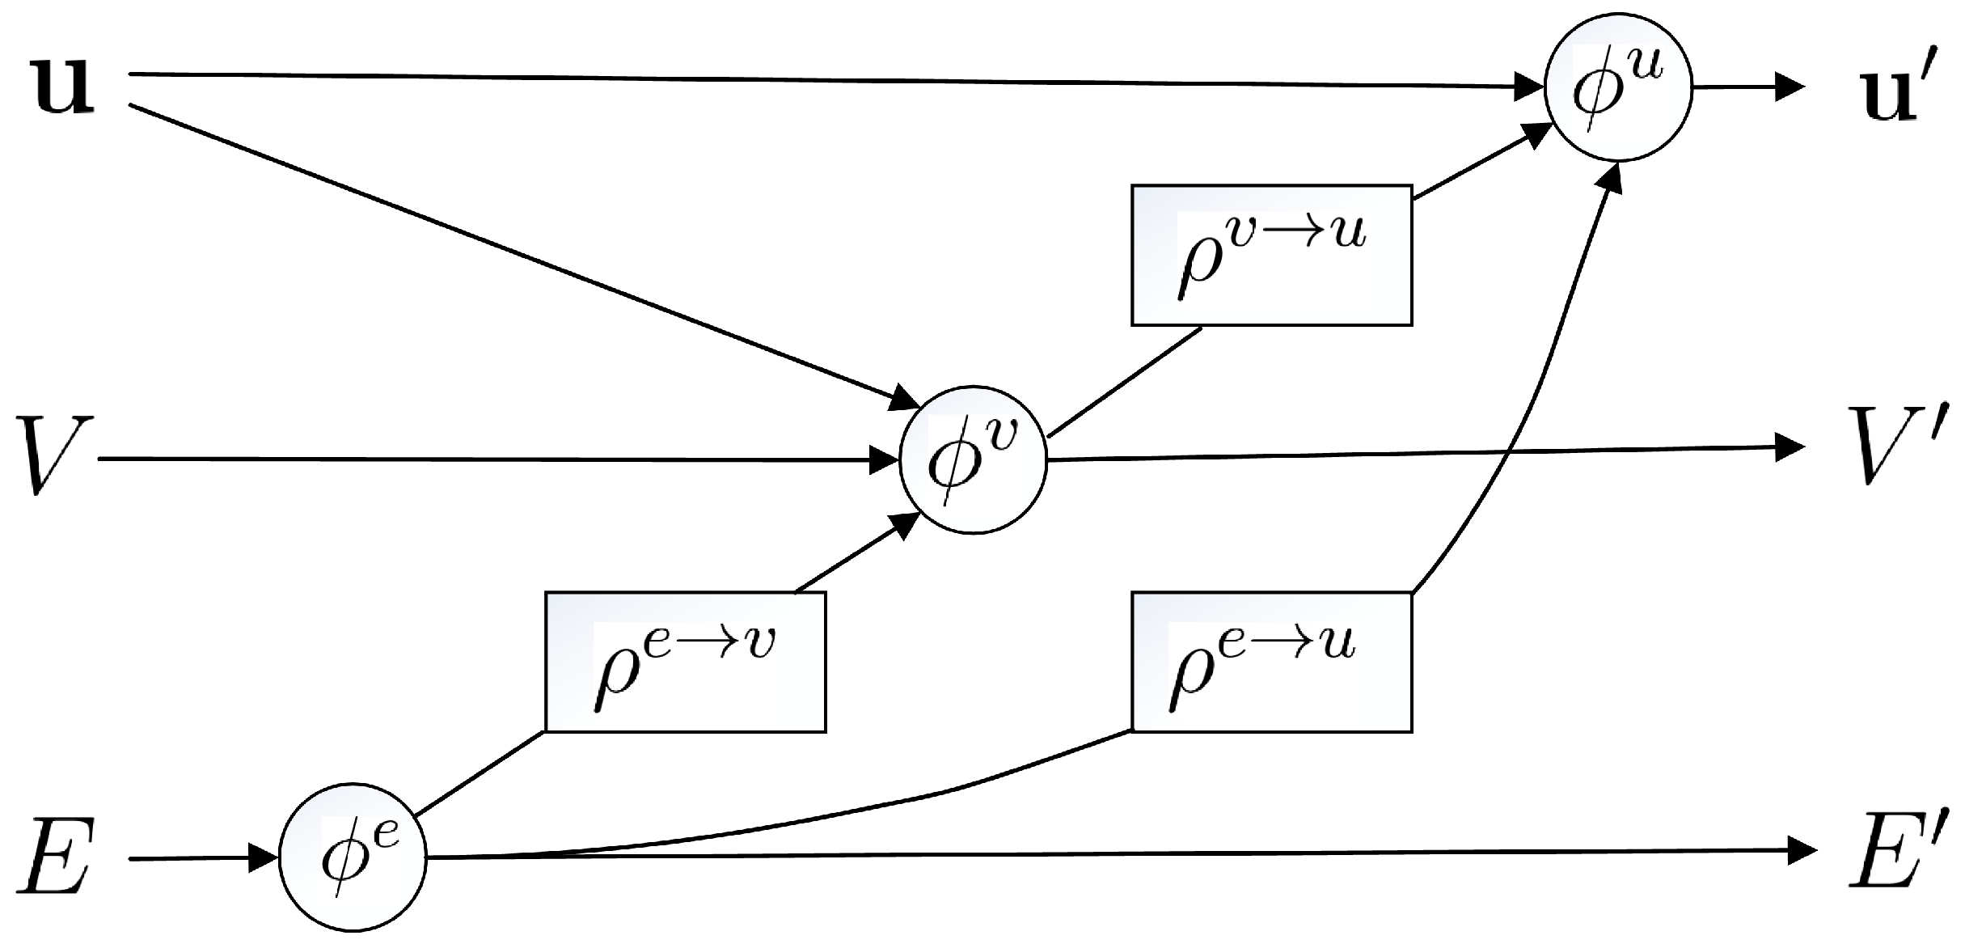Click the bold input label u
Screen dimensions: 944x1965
pos(62,87)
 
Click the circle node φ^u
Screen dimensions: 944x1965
pos(1617,88)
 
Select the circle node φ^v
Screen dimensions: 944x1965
pos(973,459)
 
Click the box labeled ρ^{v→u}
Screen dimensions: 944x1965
pos(1271,255)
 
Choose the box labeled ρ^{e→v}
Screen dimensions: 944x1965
pos(685,662)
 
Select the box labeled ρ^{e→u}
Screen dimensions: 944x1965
pos(1271,662)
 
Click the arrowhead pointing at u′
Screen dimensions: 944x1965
pos(1790,87)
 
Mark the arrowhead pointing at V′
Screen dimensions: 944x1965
pos(1790,447)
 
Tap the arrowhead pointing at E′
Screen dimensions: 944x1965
pos(1802,849)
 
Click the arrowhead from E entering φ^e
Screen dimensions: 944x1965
pos(264,857)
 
